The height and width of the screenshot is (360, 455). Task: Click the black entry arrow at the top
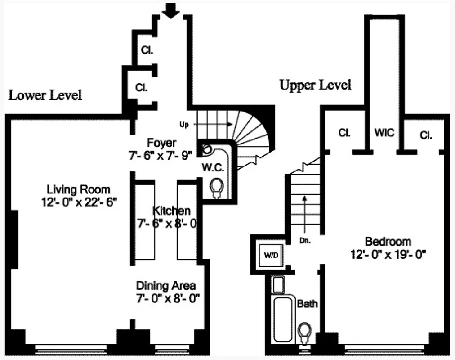(x=171, y=10)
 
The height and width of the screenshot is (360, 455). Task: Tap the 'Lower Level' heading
(x=45, y=95)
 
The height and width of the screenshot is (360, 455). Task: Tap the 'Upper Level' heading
(x=315, y=85)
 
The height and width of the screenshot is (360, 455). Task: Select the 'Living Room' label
(x=79, y=189)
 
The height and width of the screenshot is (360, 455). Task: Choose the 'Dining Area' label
(x=166, y=285)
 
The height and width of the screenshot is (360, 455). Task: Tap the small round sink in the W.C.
(x=206, y=148)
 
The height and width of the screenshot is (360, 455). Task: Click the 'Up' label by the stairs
(x=184, y=125)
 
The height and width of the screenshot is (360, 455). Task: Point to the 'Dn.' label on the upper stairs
(x=305, y=240)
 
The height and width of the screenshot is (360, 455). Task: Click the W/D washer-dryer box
(x=270, y=256)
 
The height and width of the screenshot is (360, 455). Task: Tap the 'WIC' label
(x=384, y=133)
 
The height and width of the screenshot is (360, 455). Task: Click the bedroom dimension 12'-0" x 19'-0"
(x=388, y=254)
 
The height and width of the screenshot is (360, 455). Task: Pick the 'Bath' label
(x=307, y=304)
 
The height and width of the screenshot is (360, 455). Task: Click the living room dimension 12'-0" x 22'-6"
(x=79, y=202)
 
